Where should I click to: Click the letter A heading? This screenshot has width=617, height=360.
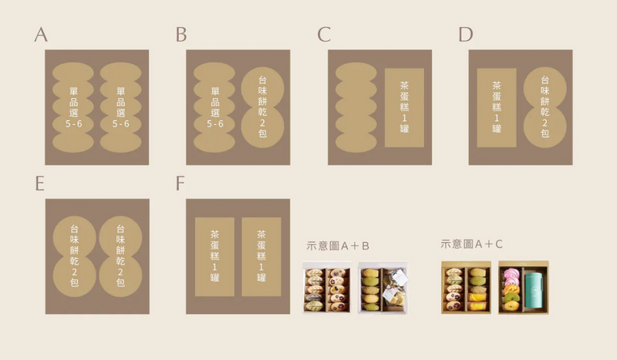pyautogui.click(x=41, y=35)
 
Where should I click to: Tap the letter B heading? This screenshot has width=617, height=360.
pyautogui.click(x=181, y=35)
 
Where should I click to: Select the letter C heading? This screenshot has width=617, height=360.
pyautogui.click(x=324, y=35)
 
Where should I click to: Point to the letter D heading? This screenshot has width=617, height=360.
pyautogui.click(x=466, y=35)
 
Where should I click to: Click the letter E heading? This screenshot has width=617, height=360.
pyautogui.click(x=40, y=183)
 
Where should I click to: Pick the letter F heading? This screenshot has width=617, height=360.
pyautogui.click(x=180, y=183)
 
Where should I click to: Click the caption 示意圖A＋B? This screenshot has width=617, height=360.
pyautogui.click(x=338, y=246)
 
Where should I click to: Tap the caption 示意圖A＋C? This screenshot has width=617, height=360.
pyautogui.click(x=471, y=244)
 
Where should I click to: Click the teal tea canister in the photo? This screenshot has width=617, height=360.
pyautogui.click(x=534, y=291)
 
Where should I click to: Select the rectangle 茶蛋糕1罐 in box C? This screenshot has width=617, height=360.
pyautogui.click(x=404, y=107)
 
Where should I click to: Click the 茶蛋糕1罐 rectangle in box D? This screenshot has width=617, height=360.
pyautogui.click(x=497, y=107)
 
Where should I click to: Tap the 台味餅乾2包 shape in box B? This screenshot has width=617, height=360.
pyautogui.click(x=262, y=107)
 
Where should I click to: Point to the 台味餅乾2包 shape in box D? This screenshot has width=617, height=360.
pyautogui.click(x=545, y=107)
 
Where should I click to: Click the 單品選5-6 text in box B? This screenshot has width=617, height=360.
pyautogui.click(x=215, y=107)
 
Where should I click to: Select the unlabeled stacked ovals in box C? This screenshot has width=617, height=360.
pyautogui.click(x=356, y=107)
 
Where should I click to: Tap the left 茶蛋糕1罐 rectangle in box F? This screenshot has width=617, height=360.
pyautogui.click(x=214, y=257)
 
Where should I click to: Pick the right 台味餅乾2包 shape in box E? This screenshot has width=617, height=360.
pyautogui.click(x=120, y=256)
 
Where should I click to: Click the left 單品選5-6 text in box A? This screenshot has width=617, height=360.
pyautogui.click(x=73, y=107)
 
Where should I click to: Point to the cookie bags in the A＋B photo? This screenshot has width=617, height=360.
pyautogui.click(x=395, y=287)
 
